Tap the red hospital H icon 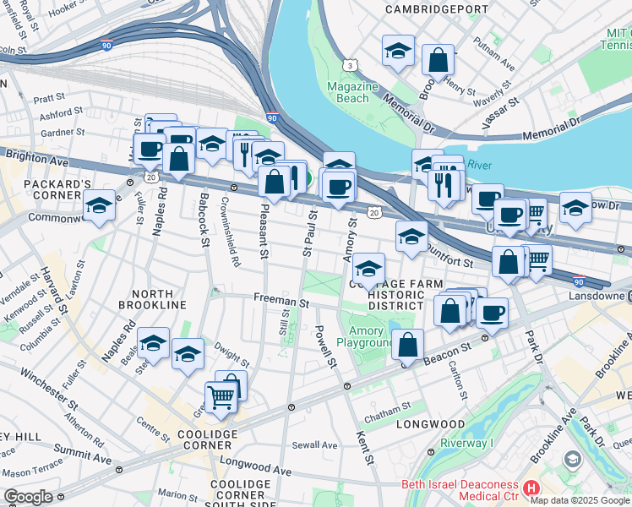[531, 488]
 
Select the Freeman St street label [281, 300]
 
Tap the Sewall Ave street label [314, 445]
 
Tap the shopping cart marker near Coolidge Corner [221, 395]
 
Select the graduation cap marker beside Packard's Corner [100, 205]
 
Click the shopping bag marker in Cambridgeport [438, 60]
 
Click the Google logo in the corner [28, 497]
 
